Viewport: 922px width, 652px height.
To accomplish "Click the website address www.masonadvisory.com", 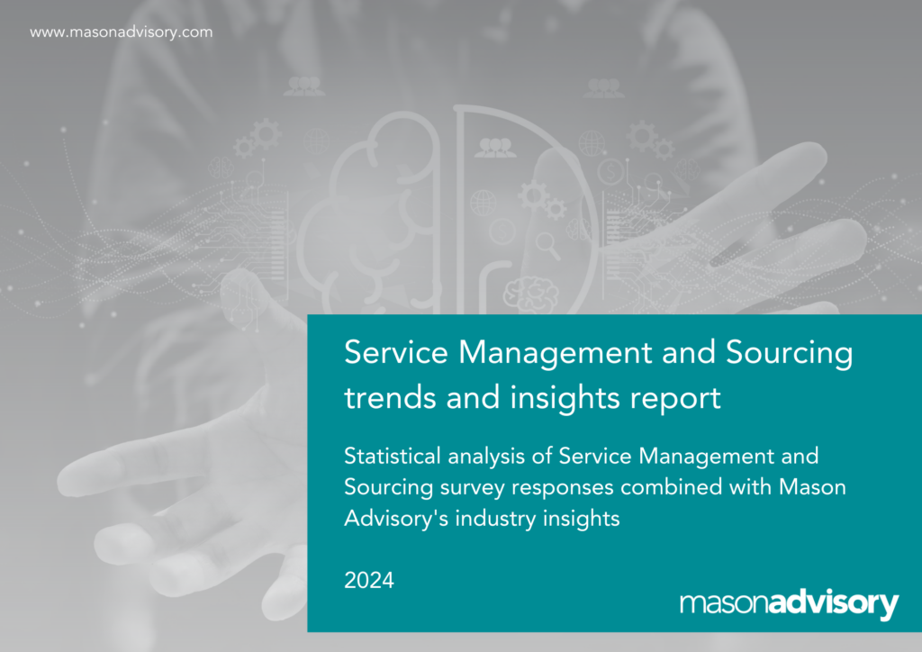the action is pyautogui.click(x=122, y=32).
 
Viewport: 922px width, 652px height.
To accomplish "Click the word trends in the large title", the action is pyautogui.click(x=390, y=397).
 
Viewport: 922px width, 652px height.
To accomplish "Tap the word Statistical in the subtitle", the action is pyautogui.click(x=393, y=456).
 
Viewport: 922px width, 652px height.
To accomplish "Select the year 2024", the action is pyautogui.click(x=368, y=580).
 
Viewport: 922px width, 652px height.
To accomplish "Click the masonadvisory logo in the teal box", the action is pyautogui.click(x=789, y=604).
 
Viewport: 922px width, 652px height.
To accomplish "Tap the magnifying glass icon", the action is pyautogui.click(x=548, y=245).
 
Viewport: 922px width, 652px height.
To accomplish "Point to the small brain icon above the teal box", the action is pyautogui.click(x=531, y=293).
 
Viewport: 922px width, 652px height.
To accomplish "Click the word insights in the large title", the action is pyautogui.click(x=565, y=398).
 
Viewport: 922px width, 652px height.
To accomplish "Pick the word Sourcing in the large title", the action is pyautogui.click(x=789, y=354).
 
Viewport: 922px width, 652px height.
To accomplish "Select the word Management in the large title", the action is pyautogui.click(x=555, y=354).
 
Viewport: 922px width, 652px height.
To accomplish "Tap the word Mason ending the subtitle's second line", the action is pyautogui.click(x=813, y=487).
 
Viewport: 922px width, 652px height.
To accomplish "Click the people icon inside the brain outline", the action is pyautogui.click(x=495, y=148).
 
